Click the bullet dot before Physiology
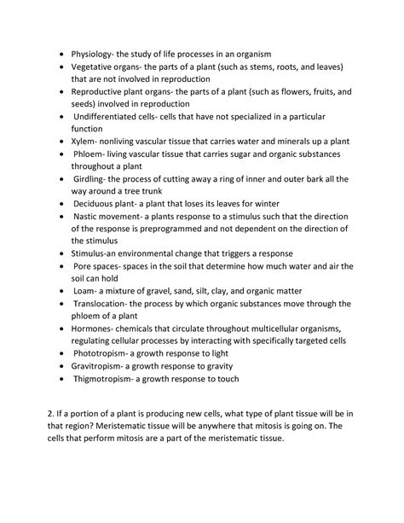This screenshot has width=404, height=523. coord(61,55)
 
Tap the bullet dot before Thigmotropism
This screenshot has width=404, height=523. coord(61,380)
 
